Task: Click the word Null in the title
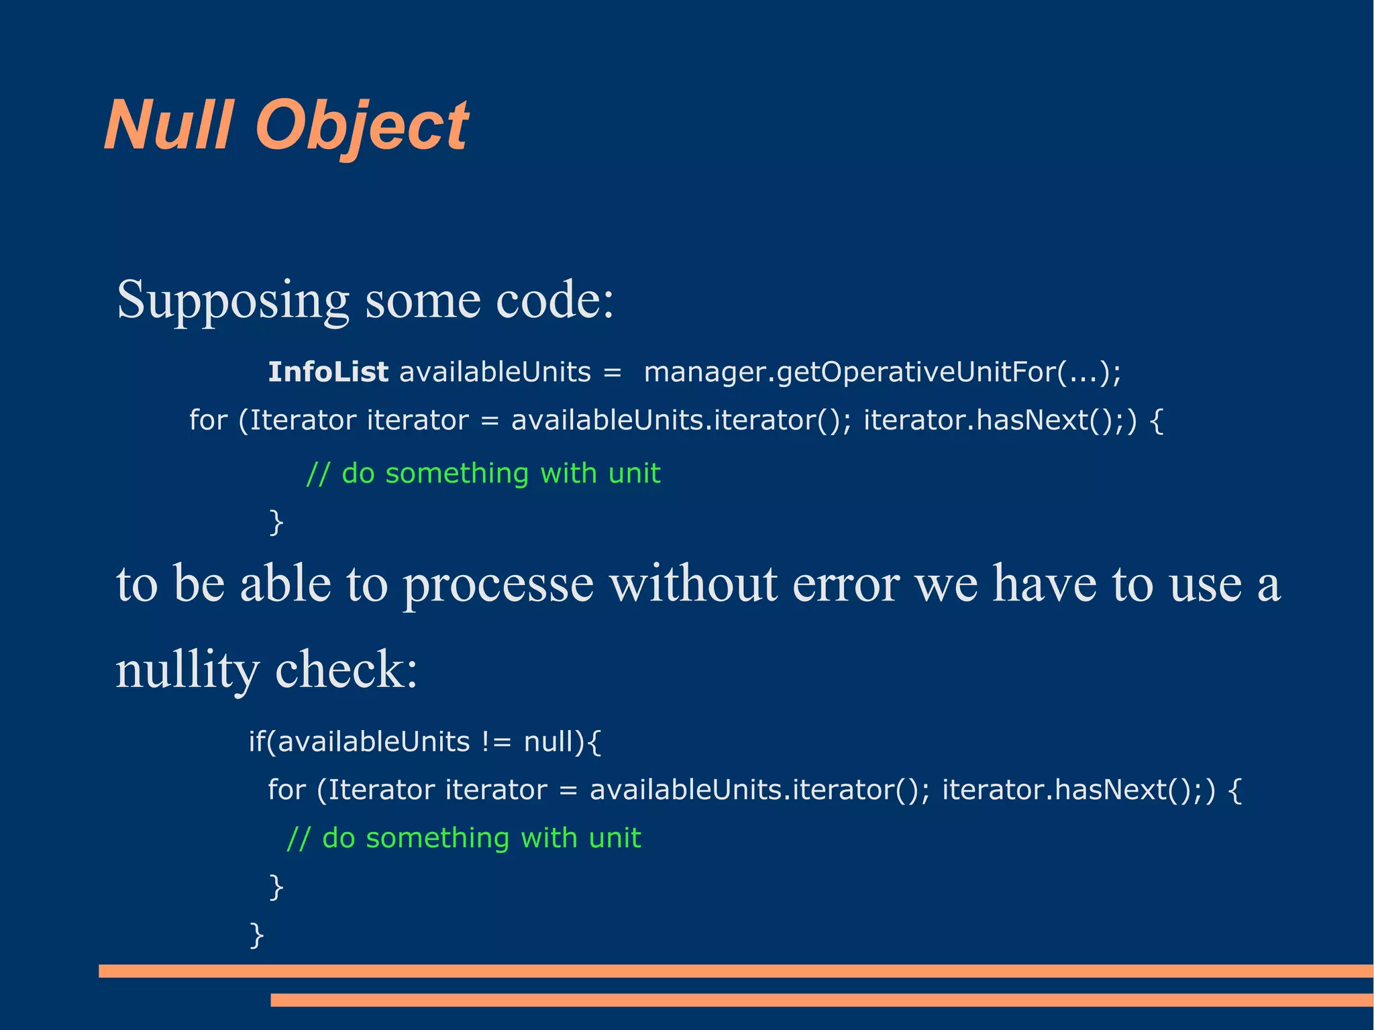click(169, 126)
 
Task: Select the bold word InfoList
click(327, 372)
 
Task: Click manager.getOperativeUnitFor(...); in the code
click(882, 372)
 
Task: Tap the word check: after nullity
click(346, 670)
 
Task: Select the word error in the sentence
click(846, 584)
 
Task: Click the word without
click(693, 584)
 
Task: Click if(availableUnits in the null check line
click(359, 742)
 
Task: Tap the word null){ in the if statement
click(562, 742)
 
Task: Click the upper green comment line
click(483, 474)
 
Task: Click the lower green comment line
click(464, 838)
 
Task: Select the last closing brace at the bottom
click(256, 935)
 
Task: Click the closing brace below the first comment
click(276, 522)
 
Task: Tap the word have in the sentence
click(1044, 584)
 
